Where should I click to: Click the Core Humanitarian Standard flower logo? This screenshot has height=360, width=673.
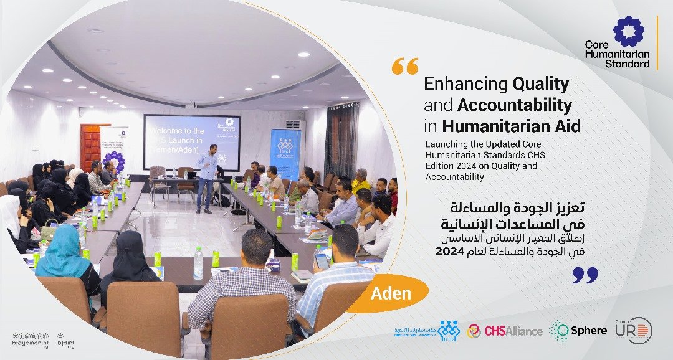[x=629, y=32]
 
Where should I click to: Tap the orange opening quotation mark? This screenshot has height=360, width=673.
[x=404, y=66]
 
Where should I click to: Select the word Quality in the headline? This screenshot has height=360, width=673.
[x=540, y=83]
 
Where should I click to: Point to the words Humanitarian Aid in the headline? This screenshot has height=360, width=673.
[x=512, y=126]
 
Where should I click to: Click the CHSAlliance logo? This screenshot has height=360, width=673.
[x=505, y=331]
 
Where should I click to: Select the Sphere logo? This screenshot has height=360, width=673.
[x=579, y=331]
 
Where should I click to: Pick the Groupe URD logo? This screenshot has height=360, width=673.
[x=632, y=330]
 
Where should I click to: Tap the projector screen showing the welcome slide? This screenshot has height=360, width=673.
[x=191, y=141]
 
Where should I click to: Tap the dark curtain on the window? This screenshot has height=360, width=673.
[x=341, y=140]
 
